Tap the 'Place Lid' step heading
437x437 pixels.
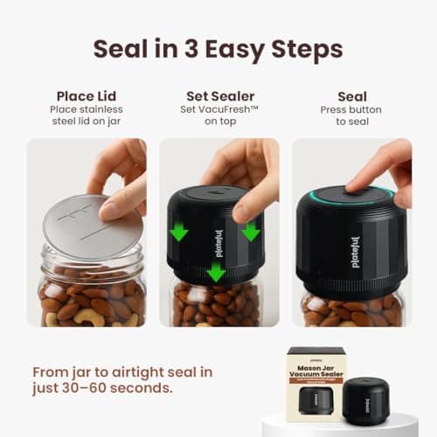[86, 96]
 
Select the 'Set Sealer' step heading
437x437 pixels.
[218, 96]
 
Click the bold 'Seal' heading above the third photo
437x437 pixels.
[351, 96]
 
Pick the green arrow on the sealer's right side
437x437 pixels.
[251, 231]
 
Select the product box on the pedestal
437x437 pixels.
[323, 385]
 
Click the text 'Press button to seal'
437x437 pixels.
[351, 116]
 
